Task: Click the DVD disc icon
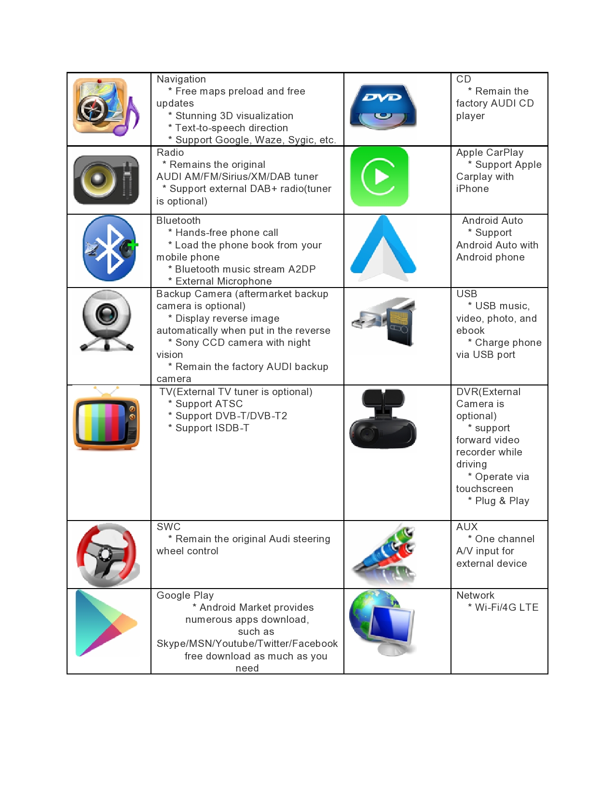tap(383, 107)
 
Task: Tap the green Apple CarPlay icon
tap(380, 177)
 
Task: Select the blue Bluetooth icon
tap(109, 248)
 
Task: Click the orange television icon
tap(106, 420)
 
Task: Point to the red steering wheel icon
tap(107, 554)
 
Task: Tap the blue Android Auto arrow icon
tap(383, 248)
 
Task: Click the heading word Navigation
tap(181, 79)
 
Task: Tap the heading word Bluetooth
tap(178, 220)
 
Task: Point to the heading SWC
tap(168, 527)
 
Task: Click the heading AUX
tap(467, 527)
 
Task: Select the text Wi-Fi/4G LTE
tap(506, 607)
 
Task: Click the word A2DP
tap(302, 269)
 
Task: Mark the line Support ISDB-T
tap(212, 428)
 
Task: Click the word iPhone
tap(472, 189)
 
